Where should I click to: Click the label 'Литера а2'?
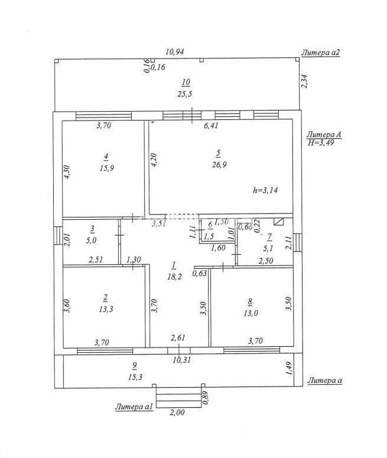click(x=321, y=53)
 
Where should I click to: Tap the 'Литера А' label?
click(x=324, y=135)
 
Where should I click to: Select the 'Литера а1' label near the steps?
click(x=135, y=407)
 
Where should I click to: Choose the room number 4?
click(x=106, y=157)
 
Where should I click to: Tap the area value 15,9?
click(x=107, y=168)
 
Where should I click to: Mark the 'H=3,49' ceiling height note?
click(x=321, y=143)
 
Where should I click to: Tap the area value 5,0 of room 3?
click(x=93, y=241)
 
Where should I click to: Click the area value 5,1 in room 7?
click(x=269, y=247)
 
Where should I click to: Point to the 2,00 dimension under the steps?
click(x=177, y=413)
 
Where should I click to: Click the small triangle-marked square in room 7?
click(x=279, y=222)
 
